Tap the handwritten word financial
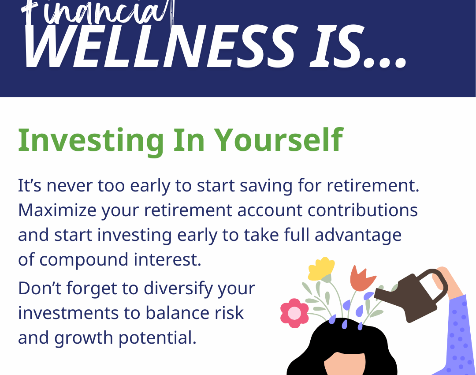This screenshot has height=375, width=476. (97, 12)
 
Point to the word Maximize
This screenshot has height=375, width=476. (57, 210)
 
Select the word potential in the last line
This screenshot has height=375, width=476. (157, 338)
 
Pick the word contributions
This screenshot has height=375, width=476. (362, 210)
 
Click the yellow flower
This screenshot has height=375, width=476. (321, 269)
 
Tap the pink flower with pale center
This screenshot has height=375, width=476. (294, 313)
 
